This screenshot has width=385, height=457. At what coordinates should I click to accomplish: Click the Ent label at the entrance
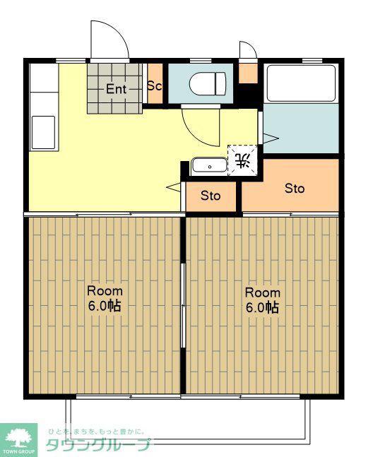click(116, 89)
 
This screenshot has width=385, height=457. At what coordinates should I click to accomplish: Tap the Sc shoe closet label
click(155, 85)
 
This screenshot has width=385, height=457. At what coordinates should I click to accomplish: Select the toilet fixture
click(208, 83)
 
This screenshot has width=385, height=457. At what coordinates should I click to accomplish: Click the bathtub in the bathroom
click(302, 83)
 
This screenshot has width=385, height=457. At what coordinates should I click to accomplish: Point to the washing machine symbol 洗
click(242, 160)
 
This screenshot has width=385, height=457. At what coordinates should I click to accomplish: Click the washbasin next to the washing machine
click(209, 165)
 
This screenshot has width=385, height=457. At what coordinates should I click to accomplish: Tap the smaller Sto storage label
click(211, 196)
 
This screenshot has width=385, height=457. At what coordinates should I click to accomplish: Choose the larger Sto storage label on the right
click(295, 189)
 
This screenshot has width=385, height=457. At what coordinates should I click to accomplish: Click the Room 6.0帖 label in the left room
click(105, 299)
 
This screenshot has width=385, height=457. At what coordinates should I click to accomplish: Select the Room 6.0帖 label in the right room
click(263, 300)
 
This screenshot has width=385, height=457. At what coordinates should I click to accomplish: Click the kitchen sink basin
click(43, 133)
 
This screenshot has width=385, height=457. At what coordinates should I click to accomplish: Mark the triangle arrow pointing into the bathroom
click(271, 138)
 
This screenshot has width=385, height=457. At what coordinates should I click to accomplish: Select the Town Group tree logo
click(18, 437)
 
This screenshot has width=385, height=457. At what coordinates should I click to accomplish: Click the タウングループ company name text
click(98, 445)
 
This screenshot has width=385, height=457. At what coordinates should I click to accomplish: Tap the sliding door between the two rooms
click(183, 305)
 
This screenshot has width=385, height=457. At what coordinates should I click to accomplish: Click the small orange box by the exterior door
click(249, 73)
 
